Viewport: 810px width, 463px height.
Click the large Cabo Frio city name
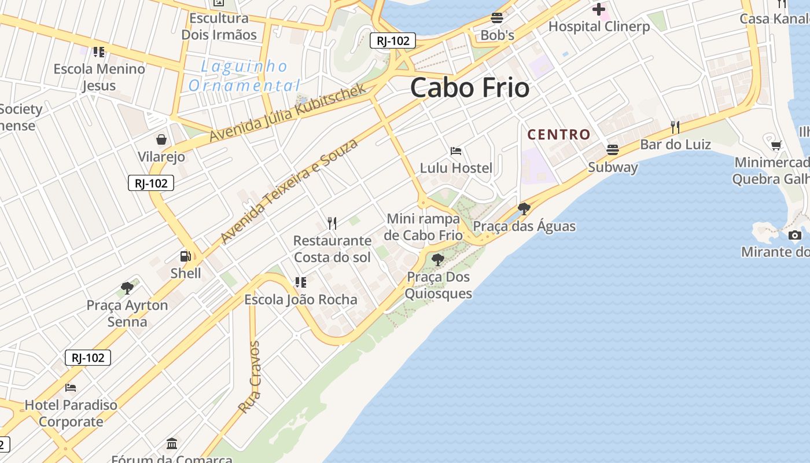(x=470, y=88)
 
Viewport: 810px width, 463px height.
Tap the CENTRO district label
(x=559, y=135)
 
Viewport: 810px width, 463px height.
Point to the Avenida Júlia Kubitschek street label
(x=288, y=113)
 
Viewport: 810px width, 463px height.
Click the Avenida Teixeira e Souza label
(x=289, y=191)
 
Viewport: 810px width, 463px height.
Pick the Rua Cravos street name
(x=250, y=377)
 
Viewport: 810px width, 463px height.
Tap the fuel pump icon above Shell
(x=185, y=256)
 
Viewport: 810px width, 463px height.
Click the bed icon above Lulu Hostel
(x=456, y=151)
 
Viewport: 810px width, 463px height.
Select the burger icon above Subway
(x=613, y=150)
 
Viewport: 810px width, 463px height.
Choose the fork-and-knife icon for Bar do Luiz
(x=675, y=127)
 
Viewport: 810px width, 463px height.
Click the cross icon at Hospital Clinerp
(x=599, y=9)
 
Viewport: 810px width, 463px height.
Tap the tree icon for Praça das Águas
(x=524, y=208)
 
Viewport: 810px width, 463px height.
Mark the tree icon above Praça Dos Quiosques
(x=438, y=259)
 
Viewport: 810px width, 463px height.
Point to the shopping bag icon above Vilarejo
(x=161, y=139)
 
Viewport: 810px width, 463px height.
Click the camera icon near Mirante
(x=795, y=235)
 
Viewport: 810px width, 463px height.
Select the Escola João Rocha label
(x=301, y=299)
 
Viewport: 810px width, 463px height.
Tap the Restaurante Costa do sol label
(x=332, y=248)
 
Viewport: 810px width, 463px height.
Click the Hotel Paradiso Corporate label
(x=71, y=413)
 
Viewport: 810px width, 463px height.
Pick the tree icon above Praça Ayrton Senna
(x=127, y=288)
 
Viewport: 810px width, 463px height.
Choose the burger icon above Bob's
(x=497, y=17)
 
